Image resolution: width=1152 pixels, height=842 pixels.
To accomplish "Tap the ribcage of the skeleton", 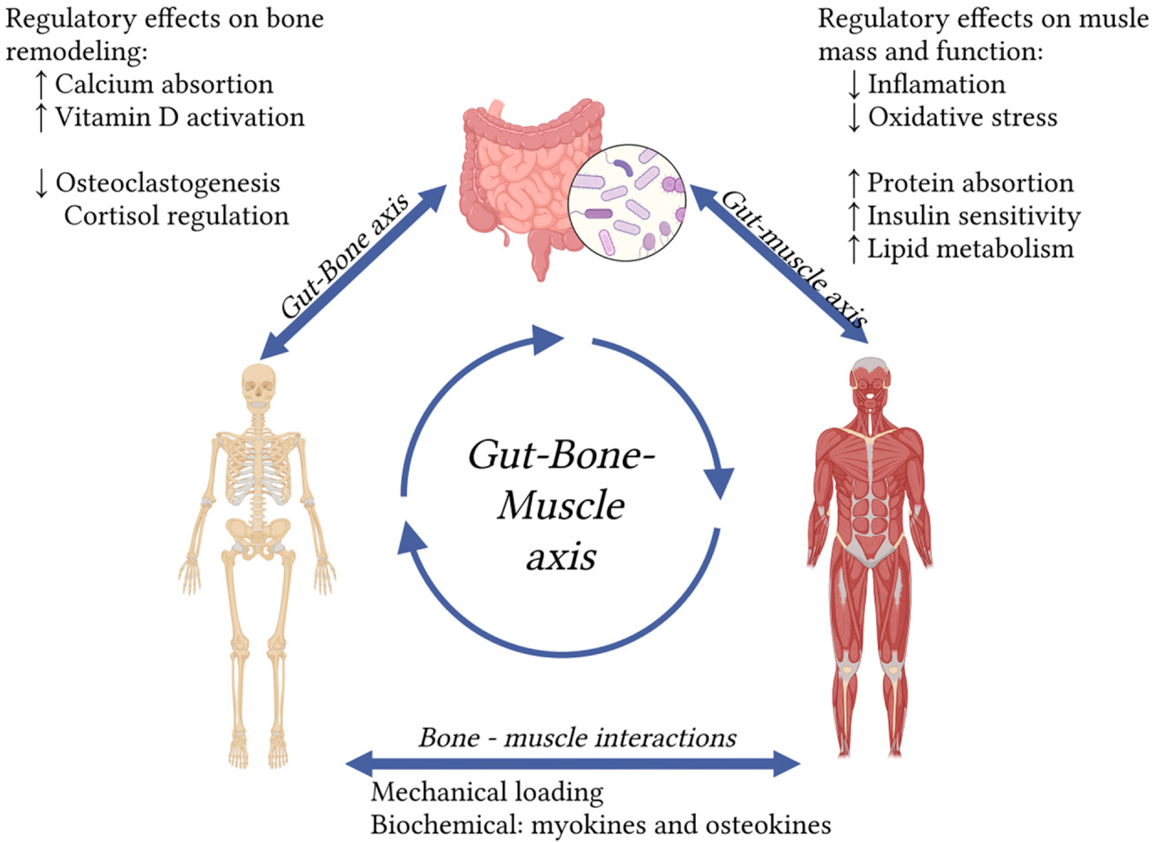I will pyautogui.click(x=257, y=466).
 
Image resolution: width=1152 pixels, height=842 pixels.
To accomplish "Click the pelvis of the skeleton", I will pyautogui.click(x=257, y=533).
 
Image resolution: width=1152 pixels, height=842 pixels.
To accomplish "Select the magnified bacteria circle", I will pyautogui.click(x=627, y=203).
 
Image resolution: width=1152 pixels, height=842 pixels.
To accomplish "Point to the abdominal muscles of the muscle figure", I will pyautogui.click(x=870, y=507).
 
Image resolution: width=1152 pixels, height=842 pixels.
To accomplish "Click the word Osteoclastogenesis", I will pyautogui.click(x=168, y=184).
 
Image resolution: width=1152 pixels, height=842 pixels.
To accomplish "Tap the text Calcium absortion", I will pyautogui.click(x=164, y=85).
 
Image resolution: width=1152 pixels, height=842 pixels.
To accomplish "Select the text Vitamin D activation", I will pyautogui.click(x=180, y=117).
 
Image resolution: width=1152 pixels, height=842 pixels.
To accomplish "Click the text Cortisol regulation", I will pyautogui.click(x=176, y=217).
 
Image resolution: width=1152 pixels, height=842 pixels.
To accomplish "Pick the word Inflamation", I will pyautogui.click(x=937, y=85).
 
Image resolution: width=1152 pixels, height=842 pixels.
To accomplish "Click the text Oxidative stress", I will pyautogui.click(x=962, y=117).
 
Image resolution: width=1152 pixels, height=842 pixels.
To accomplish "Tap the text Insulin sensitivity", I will pyautogui.click(x=973, y=217).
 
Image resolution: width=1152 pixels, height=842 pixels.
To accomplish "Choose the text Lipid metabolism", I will pyautogui.click(x=971, y=249).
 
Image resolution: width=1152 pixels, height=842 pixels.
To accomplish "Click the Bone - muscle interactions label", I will pyautogui.click(x=577, y=738).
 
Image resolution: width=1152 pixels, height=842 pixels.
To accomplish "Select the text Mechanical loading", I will pyautogui.click(x=487, y=792).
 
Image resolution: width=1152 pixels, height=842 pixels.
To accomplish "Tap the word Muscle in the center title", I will pyautogui.click(x=561, y=506).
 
